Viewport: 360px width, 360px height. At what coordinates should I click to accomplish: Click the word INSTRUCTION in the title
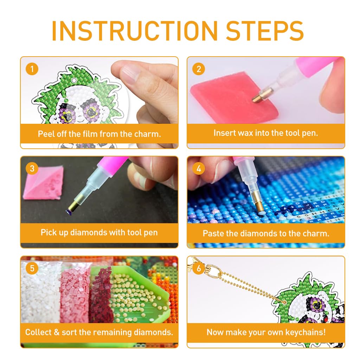[x=135, y=31]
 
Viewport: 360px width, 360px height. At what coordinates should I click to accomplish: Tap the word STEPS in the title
[x=265, y=31]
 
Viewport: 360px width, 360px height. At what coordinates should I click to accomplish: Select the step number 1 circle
[x=32, y=69]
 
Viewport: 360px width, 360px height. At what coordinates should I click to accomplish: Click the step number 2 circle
[x=199, y=69]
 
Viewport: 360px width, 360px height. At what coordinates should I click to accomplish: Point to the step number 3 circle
[x=32, y=168]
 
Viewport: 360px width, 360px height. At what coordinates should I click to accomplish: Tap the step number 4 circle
[x=199, y=168]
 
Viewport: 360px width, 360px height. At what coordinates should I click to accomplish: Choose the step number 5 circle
[x=32, y=268]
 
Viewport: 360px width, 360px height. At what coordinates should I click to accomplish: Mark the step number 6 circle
[x=199, y=268]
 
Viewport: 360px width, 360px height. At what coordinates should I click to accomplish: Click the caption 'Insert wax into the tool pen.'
[x=266, y=133]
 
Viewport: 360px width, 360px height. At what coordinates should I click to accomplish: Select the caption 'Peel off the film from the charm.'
[x=99, y=134]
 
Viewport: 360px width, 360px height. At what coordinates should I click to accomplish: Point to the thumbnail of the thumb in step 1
[x=130, y=73]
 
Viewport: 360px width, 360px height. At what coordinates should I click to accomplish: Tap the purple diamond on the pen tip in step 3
[x=69, y=212]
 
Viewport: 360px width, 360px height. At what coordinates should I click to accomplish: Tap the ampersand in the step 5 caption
[x=57, y=333]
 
